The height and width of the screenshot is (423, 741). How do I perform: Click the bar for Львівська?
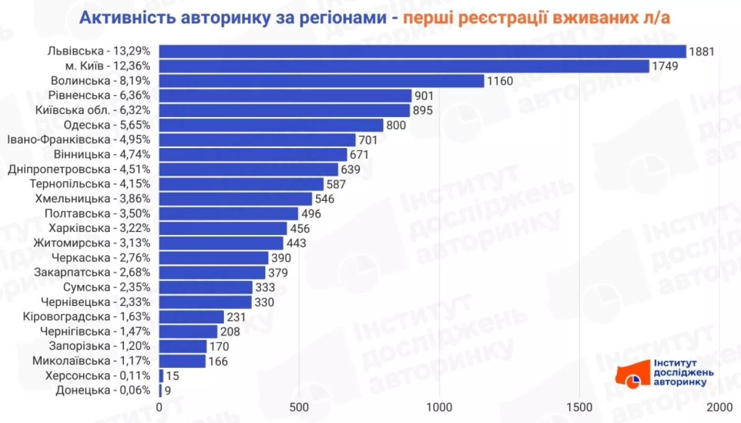tap(422, 51)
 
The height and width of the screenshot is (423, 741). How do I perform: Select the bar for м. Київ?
tap(404, 66)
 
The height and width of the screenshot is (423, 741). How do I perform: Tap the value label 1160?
tap(500, 81)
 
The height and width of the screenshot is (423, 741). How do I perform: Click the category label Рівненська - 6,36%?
tap(99, 95)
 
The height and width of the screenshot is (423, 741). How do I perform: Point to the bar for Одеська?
tap(271, 125)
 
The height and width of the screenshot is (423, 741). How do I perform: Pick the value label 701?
tap(368, 140)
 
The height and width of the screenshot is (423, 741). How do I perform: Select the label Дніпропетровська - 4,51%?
tap(79, 169)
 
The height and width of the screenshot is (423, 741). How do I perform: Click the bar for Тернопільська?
tap(241, 184)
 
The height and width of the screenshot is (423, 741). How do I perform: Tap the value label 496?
tap(311, 214)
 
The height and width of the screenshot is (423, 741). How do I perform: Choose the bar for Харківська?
tap(223, 229)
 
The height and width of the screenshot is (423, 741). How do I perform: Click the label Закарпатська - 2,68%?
tap(92, 272)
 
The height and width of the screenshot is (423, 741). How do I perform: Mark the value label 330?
tap(264, 302)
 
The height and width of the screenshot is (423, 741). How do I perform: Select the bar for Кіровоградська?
tap(191, 317)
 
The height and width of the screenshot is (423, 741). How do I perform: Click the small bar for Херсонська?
tap(161, 376)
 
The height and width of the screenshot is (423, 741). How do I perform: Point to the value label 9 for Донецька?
tap(168, 390)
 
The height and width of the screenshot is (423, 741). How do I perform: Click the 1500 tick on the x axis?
tap(579, 407)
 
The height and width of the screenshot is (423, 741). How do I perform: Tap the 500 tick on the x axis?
tap(299, 407)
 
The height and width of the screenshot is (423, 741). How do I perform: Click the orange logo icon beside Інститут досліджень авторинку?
tap(633, 375)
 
